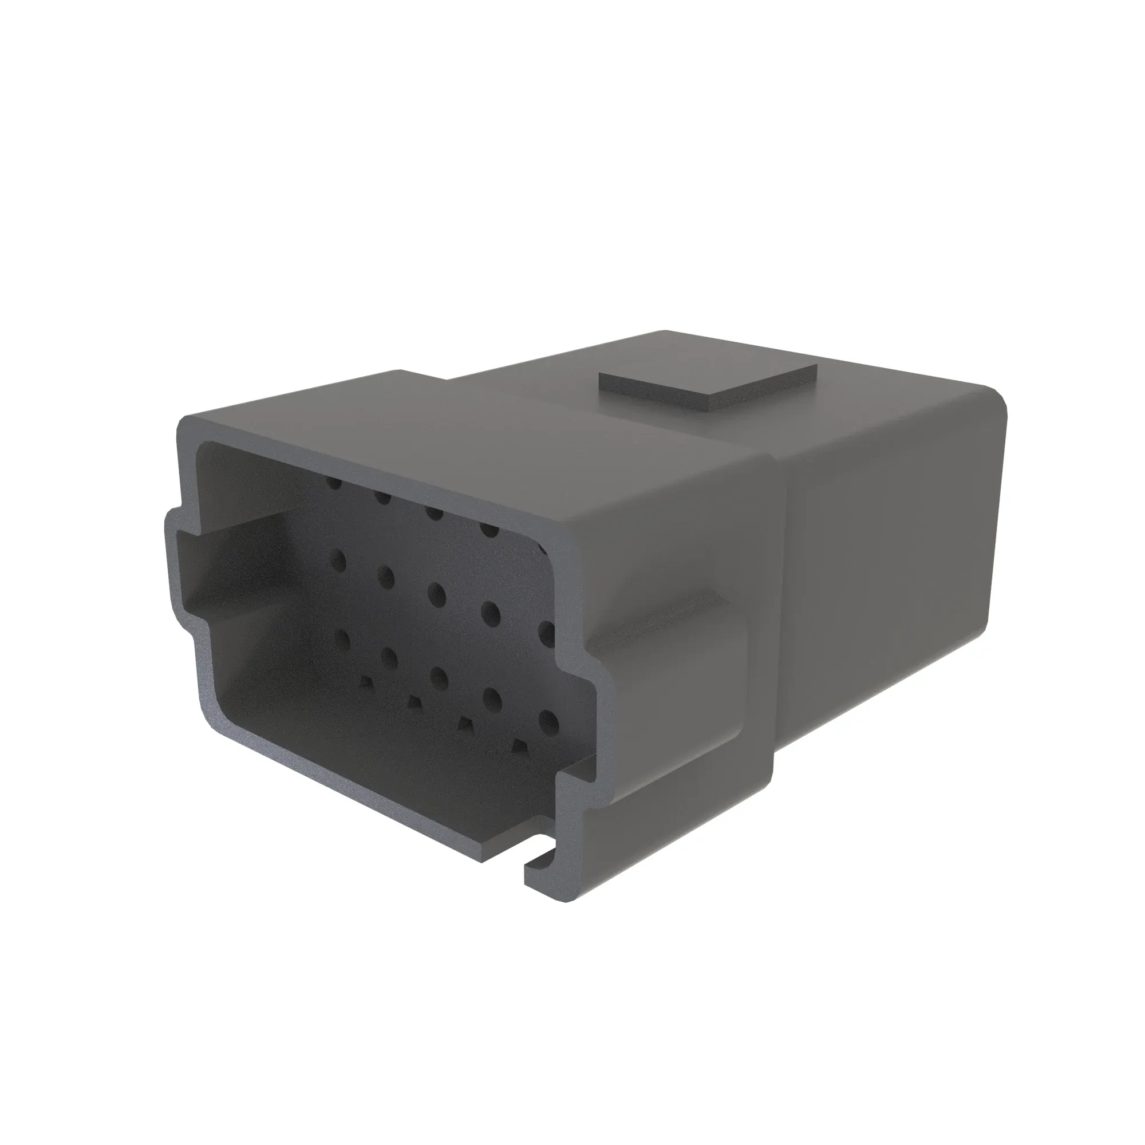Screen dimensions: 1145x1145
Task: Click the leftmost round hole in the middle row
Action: click(x=339, y=559)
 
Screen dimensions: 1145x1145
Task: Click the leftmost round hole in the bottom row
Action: click(x=342, y=639)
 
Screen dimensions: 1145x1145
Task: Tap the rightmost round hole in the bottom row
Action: click(x=549, y=722)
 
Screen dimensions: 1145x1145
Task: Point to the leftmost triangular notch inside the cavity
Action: click(x=367, y=684)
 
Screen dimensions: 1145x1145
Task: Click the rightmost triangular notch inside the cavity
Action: click(x=520, y=745)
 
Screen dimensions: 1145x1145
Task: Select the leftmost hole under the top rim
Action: click(x=335, y=484)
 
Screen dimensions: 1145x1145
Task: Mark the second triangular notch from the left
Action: click(x=414, y=703)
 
